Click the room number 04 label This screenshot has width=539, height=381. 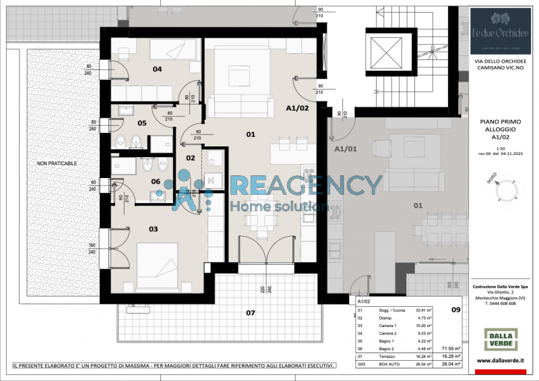[157, 69]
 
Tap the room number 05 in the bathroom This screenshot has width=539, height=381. [142, 123]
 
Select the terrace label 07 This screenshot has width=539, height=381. [251, 313]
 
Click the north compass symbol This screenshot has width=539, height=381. [506, 192]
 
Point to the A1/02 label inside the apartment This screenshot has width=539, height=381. [297, 108]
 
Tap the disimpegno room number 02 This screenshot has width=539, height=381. [190, 158]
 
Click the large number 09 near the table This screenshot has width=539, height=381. [455, 310]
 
